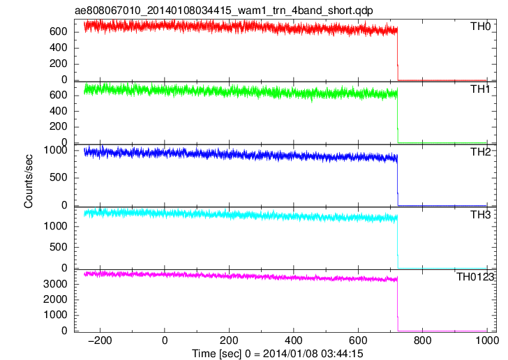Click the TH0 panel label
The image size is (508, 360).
tap(481, 27)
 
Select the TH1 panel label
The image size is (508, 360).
tap(481, 89)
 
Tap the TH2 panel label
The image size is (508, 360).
tap(481, 152)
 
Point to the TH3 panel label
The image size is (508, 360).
tap(481, 214)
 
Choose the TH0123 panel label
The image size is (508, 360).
tap(475, 277)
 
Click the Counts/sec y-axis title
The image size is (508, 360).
tap(29, 181)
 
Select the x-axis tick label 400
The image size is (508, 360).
tap(294, 340)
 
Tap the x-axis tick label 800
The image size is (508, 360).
tap(423, 340)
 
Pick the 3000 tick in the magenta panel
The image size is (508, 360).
tap(55, 284)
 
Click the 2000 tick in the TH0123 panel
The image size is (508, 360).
tap(55, 299)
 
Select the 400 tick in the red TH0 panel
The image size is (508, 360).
tap(59, 47)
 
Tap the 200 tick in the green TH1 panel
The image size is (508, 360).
tap(59, 126)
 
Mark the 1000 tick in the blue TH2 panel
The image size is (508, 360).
tap(55, 150)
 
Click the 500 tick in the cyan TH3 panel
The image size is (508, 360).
tap(59, 247)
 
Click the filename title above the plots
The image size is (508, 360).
tap(224, 10)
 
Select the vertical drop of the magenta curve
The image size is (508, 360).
tap(398, 304)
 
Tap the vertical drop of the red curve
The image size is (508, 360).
tap(398, 54)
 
